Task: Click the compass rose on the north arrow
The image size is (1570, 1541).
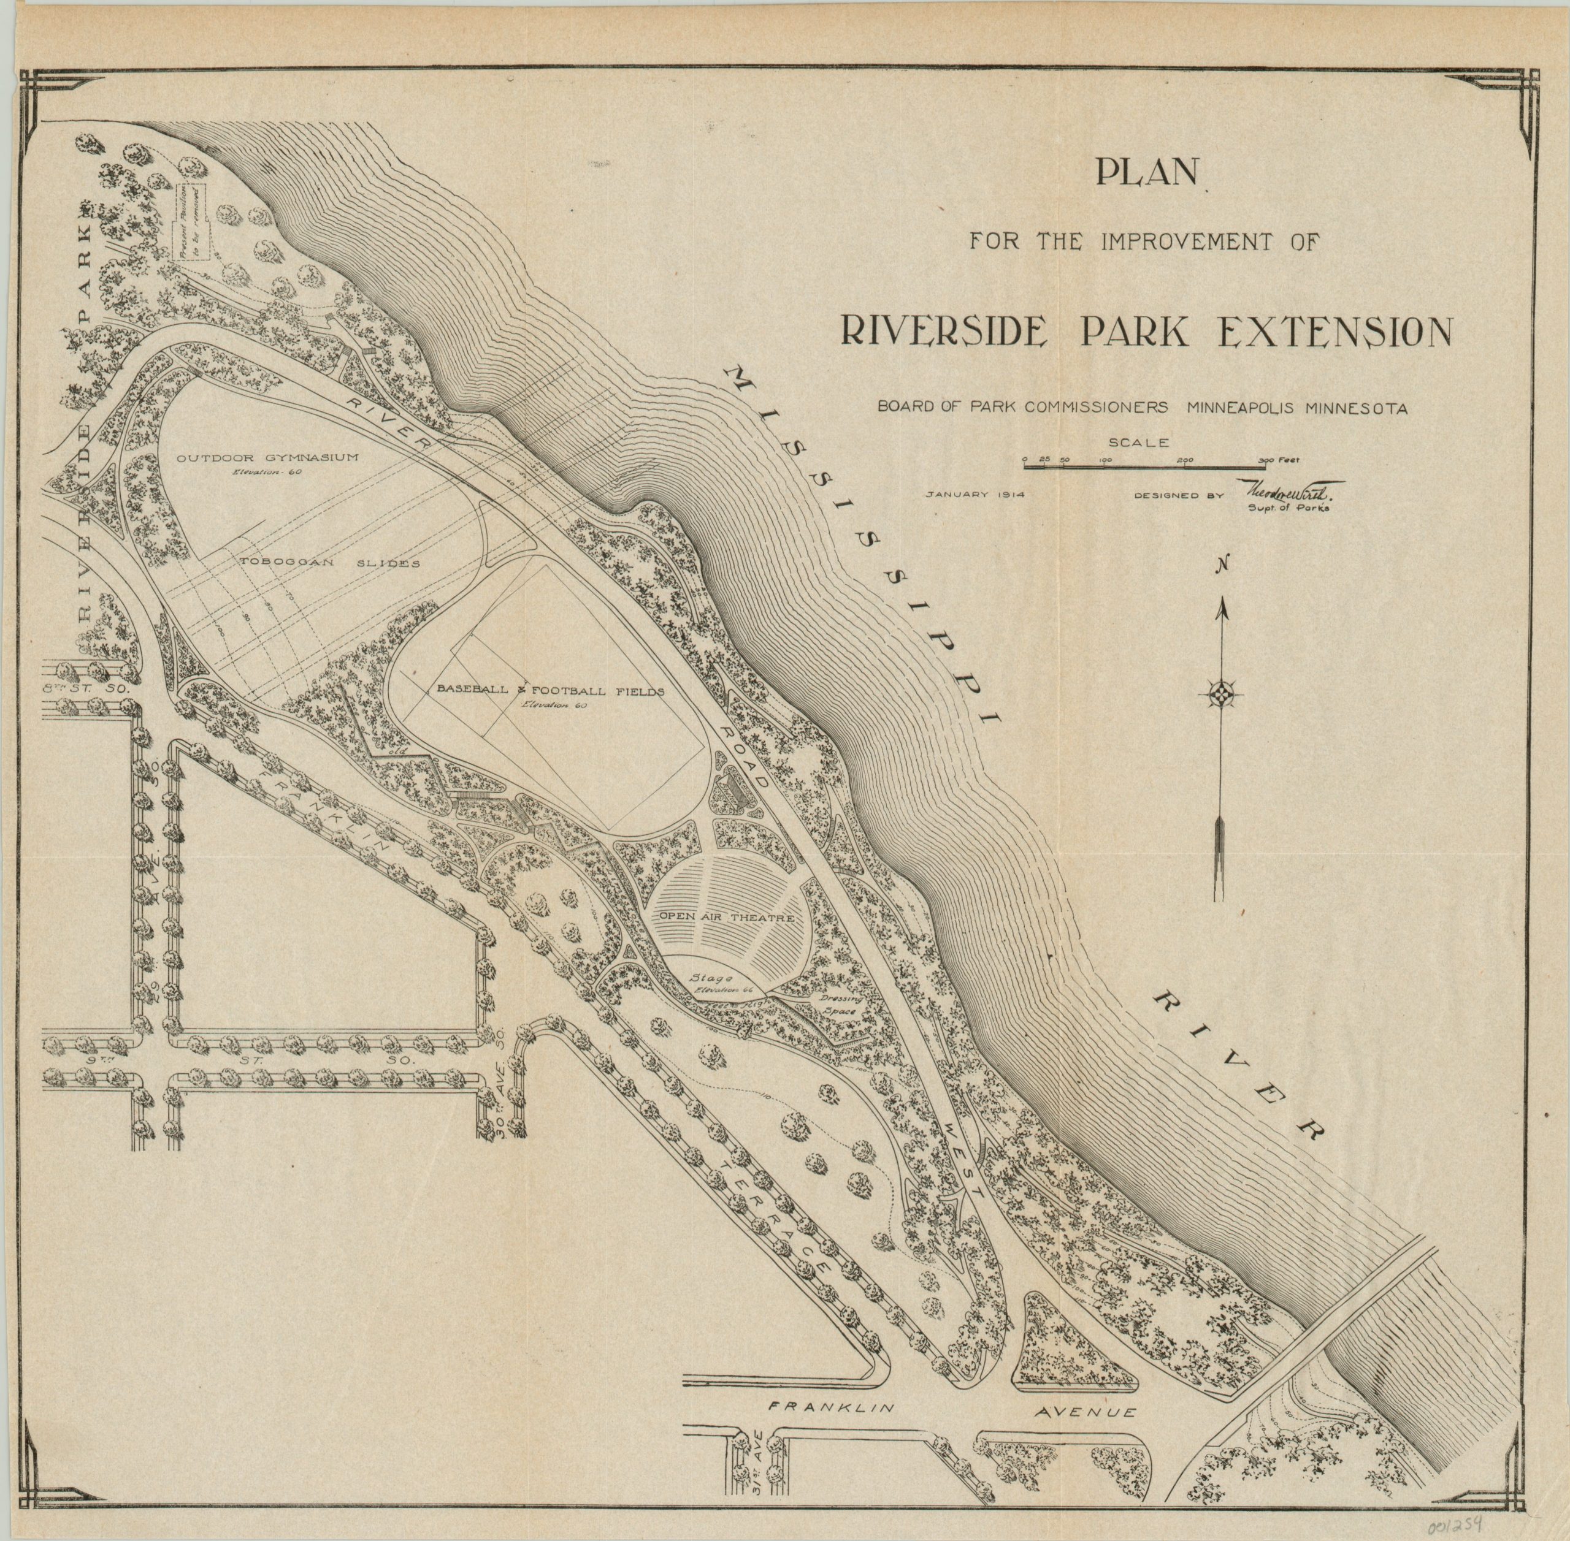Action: point(1220,694)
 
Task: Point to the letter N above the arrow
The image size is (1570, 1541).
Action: point(1226,566)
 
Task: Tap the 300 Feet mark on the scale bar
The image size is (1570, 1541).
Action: point(1277,460)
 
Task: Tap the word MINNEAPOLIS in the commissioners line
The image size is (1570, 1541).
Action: point(1241,409)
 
